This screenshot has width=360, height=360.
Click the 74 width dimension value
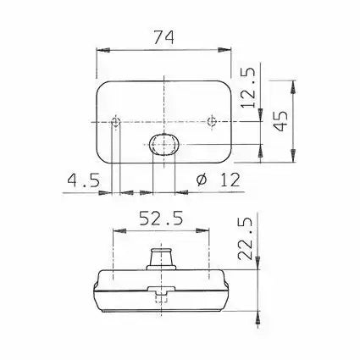(x=162, y=37)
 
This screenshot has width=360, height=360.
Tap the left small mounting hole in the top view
(x=117, y=124)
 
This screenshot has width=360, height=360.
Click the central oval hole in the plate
(x=162, y=146)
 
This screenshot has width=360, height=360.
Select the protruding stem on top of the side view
(x=162, y=258)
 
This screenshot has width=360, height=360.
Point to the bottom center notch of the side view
(x=162, y=292)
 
